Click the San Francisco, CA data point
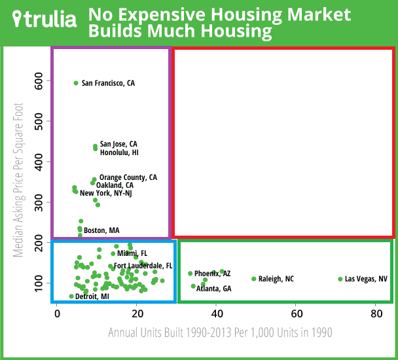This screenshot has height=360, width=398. [x=76, y=83]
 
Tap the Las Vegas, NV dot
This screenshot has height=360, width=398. [x=340, y=279]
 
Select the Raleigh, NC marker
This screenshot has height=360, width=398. [x=254, y=279]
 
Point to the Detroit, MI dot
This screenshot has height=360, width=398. [x=71, y=297]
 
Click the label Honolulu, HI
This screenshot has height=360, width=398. [x=119, y=153]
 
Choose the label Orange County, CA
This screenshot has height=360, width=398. [x=128, y=177]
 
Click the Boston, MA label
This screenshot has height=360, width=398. [x=101, y=230]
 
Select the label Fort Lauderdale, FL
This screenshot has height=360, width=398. [x=143, y=266]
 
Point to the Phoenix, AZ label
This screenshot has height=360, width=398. [x=212, y=274]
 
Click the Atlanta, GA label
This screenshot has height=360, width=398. [x=213, y=289]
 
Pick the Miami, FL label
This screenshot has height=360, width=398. [x=133, y=253]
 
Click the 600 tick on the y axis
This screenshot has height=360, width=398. [x=39, y=81]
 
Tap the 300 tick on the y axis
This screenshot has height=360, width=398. [x=39, y=202]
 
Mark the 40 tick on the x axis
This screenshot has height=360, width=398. [x=216, y=313]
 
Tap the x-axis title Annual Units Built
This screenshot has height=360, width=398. [x=219, y=333]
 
